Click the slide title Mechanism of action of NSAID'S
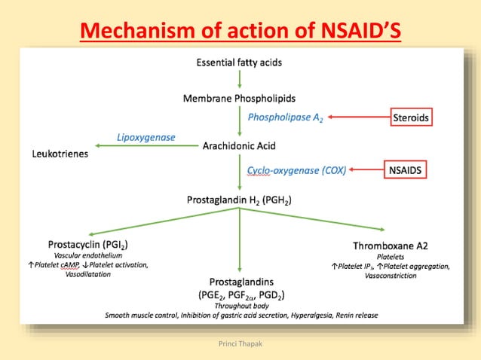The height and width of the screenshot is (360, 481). (240, 31)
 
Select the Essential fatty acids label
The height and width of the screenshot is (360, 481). (239, 63)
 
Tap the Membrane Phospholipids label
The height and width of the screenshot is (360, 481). (239, 99)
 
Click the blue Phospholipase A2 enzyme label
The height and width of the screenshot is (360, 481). (283, 117)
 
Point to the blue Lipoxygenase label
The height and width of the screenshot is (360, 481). (146, 137)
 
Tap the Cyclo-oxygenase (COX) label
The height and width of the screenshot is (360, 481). (296, 171)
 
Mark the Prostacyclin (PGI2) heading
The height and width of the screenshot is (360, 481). (87, 245)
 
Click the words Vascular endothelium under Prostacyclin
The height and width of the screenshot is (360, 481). (87, 255)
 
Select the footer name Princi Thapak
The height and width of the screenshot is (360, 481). (240, 342)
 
